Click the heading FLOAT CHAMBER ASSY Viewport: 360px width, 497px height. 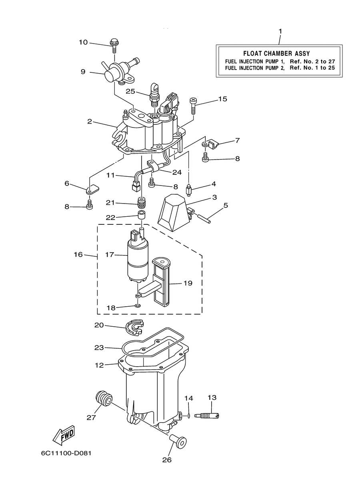pyautogui.click(x=276, y=54)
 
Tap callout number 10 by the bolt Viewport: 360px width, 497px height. pyautogui.click(x=84, y=42)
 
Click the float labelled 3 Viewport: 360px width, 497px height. pyautogui.click(x=175, y=213)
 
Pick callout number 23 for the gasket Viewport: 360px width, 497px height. pyautogui.click(x=99, y=348)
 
